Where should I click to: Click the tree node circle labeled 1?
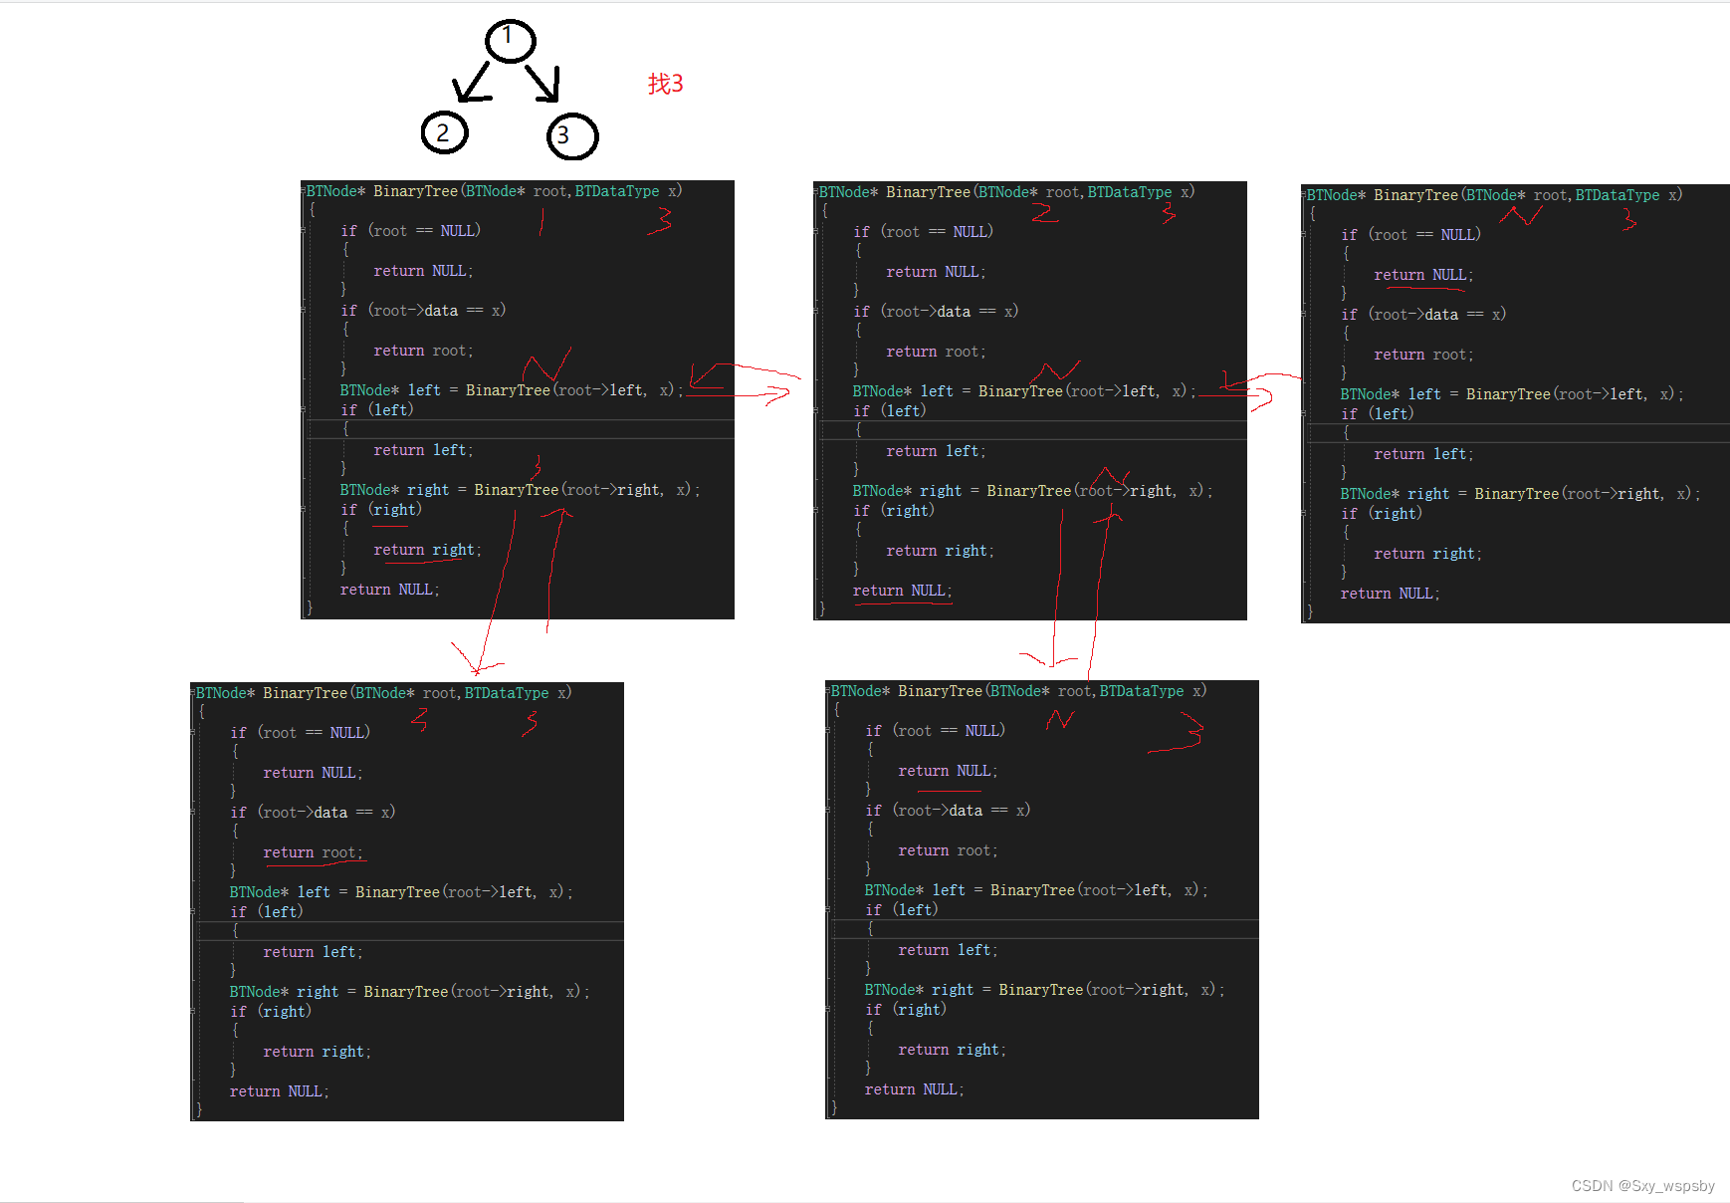(x=510, y=41)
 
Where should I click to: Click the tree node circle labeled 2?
(x=444, y=132)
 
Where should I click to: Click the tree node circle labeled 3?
(x=571, y=136)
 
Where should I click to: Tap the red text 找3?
(x=665, y=84)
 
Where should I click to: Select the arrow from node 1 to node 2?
(x=473, y=83)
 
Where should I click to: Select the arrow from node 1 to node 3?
(x=543, y=84)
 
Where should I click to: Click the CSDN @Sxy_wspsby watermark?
(x=1642, y=1185)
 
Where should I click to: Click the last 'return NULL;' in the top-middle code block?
(x=902, y=591)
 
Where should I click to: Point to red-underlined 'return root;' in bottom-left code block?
(x=313, y=852)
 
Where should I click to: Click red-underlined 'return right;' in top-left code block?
(x=427, y=550)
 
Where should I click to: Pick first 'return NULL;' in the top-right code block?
(x=1423, y=275)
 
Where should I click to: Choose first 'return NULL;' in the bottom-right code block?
(x=948, y=771)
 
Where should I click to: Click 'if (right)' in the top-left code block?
(x=381, y=510)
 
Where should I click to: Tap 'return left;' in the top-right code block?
(x=1423, y=454)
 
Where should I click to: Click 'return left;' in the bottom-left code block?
(x=313, y=952)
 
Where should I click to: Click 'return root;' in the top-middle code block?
(x=936, y=352)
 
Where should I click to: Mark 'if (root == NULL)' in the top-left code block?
(x=410, y=231)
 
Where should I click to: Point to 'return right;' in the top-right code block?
(x=1427, y=554)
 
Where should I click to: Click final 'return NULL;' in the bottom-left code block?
(x=279, y=1091)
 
